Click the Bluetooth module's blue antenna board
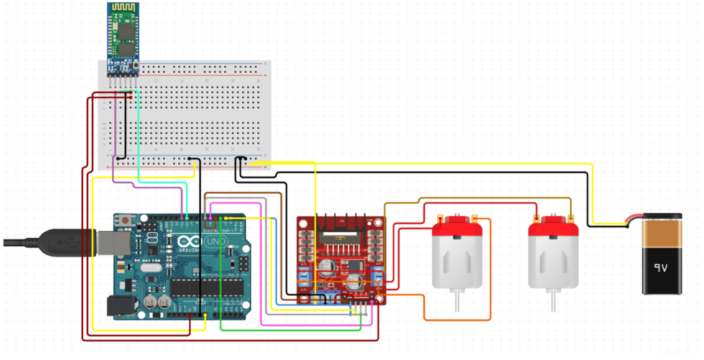click(123, 34)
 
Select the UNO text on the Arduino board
click(214, 241)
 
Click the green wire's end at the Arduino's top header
click(221, 218)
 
